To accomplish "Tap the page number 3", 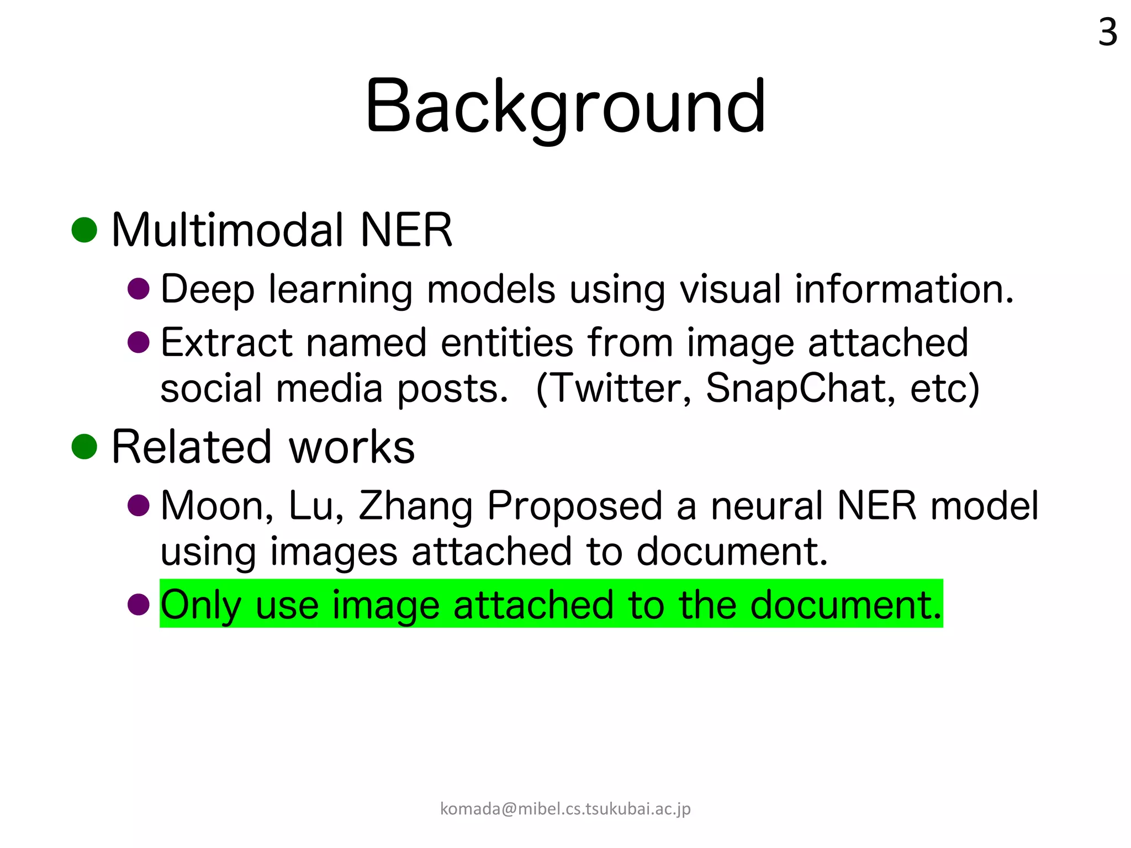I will coord(1107,33).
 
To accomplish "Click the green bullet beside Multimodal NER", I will coord(84,230).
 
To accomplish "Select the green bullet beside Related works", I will coord(84,446).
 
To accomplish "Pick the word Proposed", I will coord(574,507).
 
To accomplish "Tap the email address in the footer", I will coord(565,809).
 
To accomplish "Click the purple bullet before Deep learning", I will coord(139,289).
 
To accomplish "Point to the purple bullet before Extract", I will coord(139,342).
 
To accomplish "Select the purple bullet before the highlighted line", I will coord(139,604).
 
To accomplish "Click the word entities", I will coord(507,342).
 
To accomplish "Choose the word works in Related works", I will coord(352,447).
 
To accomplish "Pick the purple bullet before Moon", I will coord(139,505).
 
